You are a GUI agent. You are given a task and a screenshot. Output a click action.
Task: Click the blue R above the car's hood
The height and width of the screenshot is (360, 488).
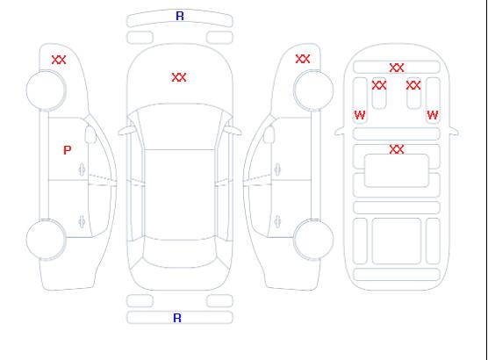pyautogui.click(x=180, y=16)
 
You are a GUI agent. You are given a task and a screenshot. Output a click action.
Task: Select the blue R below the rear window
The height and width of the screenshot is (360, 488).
pyautogui.click(x=177, y=318)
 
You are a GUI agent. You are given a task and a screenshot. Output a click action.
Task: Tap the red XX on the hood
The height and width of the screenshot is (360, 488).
pyautogui.click(x=179, y=77)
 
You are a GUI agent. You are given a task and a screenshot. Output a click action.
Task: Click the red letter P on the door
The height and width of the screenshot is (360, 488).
pyautogui.click(x=68, y=150)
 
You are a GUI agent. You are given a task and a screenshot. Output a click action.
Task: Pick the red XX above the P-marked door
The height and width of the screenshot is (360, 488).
pyautogui.click(x=59, y=60)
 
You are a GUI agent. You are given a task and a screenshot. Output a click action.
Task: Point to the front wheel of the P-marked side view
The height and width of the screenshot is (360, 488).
pyautogui.click(x=46, y=90)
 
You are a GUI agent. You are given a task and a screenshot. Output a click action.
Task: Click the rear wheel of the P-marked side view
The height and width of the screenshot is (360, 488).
pyautogui.click(x=46, y=240)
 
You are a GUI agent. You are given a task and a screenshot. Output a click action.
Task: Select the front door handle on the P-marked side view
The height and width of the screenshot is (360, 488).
pyautogui.click(x=83, y=169)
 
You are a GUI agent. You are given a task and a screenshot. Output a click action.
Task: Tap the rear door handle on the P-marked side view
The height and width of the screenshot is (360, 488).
pyautogui.click(x=82, y=221)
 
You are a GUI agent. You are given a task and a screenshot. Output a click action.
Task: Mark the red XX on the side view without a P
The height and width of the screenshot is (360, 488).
pyautogui.click(x=303, y=59)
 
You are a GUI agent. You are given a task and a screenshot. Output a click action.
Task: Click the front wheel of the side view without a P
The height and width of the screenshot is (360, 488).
pyautogui.click(x=313, y=90)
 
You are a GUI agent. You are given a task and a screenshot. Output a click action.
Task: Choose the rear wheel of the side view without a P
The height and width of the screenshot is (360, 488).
pyautogui.click(x=313, y=240)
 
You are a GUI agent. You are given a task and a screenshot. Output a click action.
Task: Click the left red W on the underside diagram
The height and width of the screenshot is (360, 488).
pyautogui.click(x=360, y=115)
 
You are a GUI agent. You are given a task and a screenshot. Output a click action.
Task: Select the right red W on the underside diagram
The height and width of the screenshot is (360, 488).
pyautogui.click(x=433, y=115)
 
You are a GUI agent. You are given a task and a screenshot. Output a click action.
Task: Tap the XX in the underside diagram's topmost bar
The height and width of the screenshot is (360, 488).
pyautogui.click(x=397, y=68)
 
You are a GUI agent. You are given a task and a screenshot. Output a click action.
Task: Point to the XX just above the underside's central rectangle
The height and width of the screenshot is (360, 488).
pyautogui.click(x=397, y=149)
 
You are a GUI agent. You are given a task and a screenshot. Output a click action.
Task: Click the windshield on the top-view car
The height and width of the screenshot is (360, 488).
pyautogui.click(x=180, y=126)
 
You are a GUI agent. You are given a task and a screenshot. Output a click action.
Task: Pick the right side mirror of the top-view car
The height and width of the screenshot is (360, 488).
pyautogui.click(x=233, y=131)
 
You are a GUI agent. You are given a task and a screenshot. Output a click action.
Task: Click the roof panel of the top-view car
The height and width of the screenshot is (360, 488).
pyautogui.click(x=180, y=195)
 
